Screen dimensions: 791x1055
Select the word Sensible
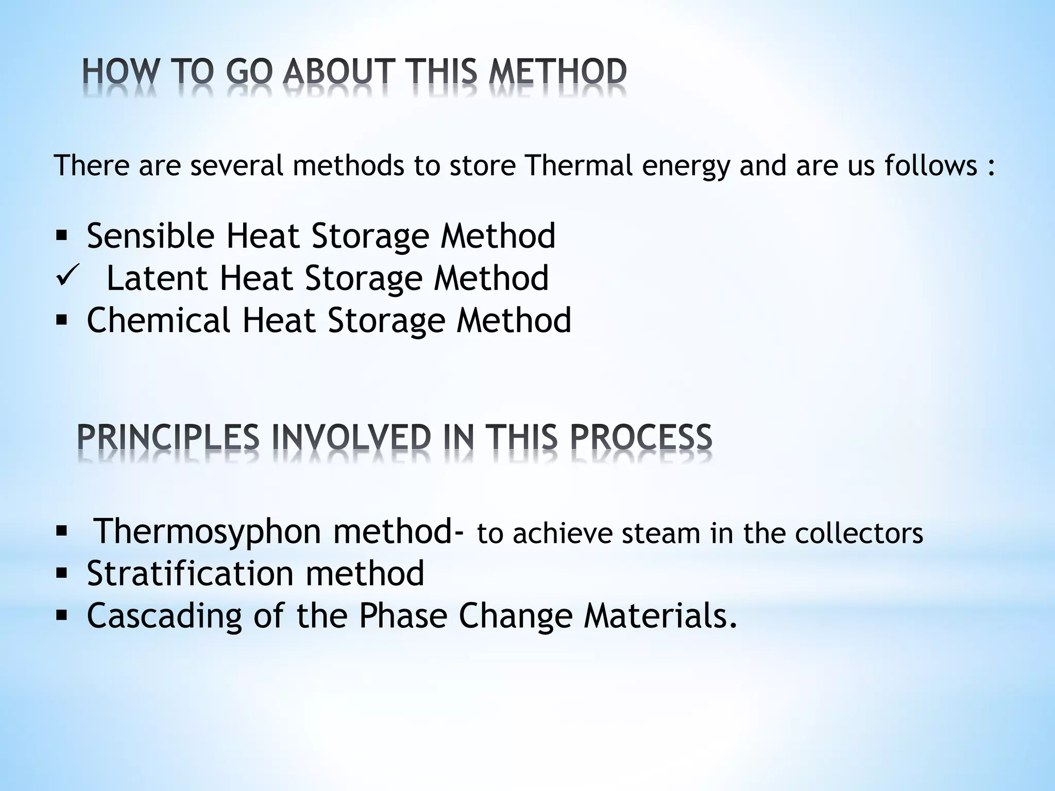click(150, 236)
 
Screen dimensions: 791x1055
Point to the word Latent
click(157, 278)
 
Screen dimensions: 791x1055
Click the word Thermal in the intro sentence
click(579, 165)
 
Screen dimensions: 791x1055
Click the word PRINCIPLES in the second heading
click(168, 438)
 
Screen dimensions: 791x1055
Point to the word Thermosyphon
click(208, 531)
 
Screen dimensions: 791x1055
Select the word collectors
click(858, 534)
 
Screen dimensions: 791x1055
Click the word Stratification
click(190, 573)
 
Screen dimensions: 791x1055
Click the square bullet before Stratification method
click(61, 573)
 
